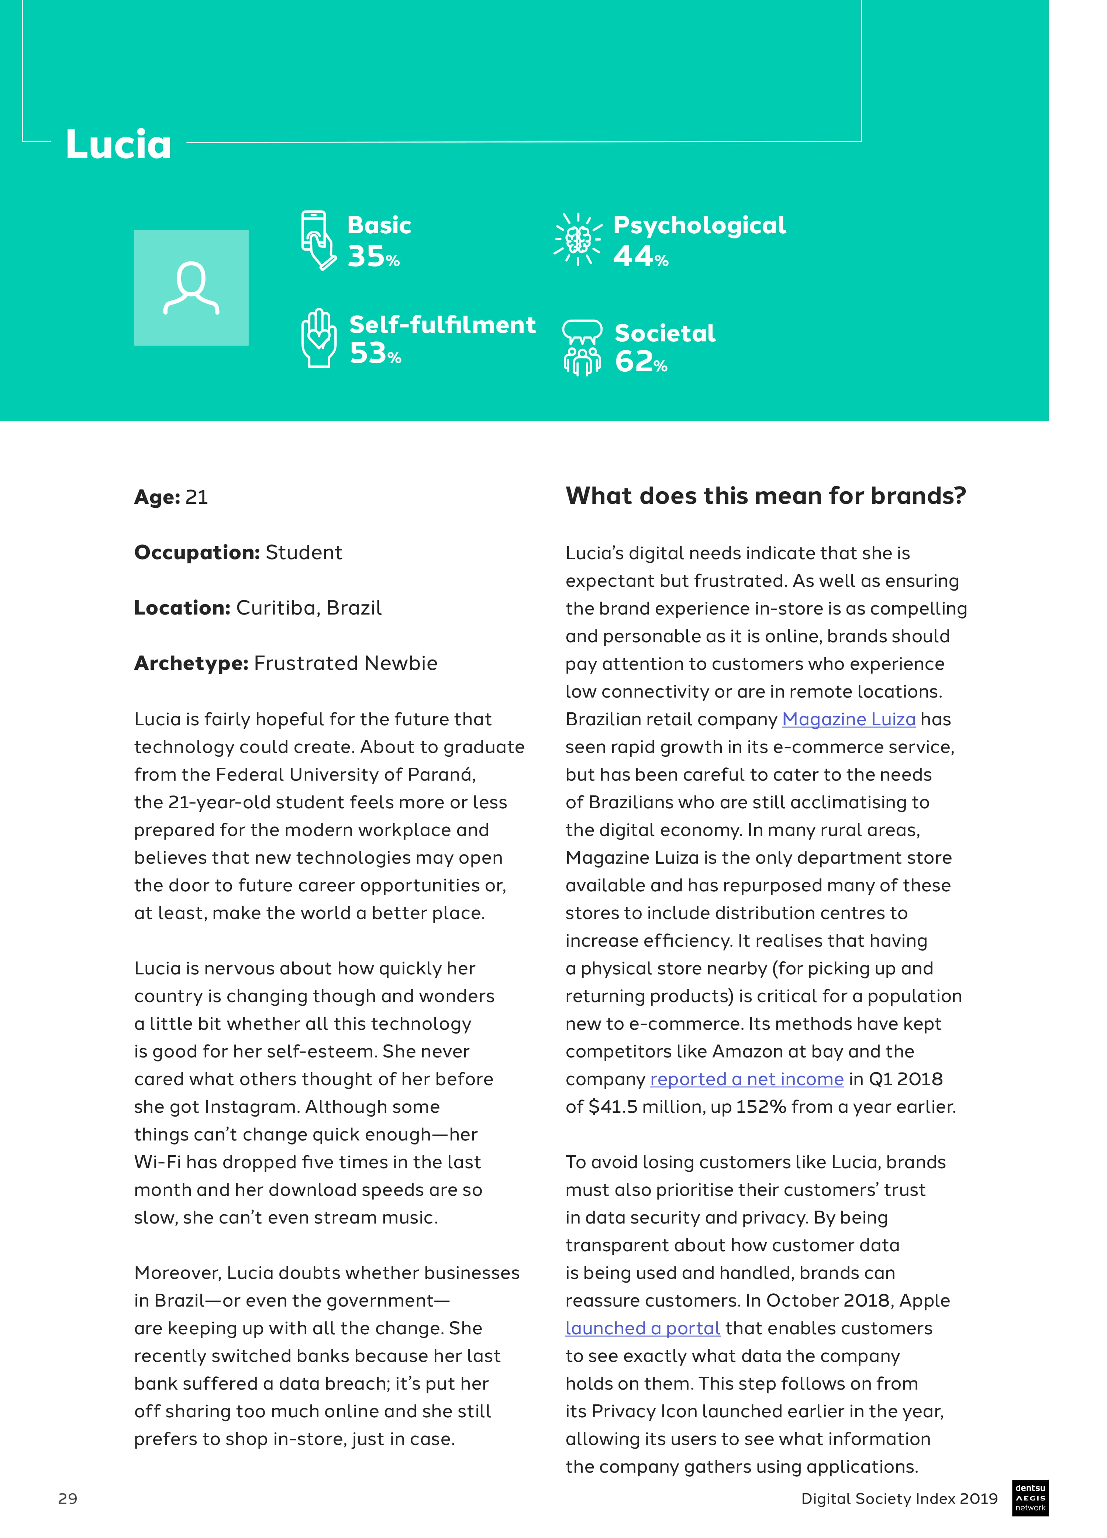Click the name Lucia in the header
click(118, 144)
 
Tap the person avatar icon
click(191, 288)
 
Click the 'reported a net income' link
click(746, 1079)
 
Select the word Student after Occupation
click(304, 552)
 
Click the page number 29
click(68, 1498)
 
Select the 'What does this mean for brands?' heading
click(765, 496)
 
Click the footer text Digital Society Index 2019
click(899, 1498)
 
